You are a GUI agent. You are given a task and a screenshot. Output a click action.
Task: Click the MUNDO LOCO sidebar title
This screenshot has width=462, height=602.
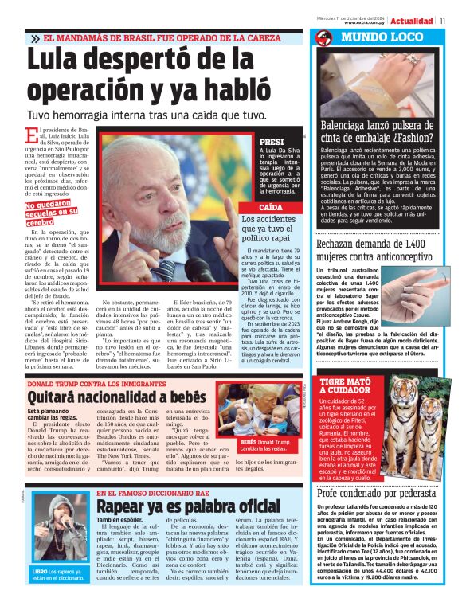click(x=374, y=37)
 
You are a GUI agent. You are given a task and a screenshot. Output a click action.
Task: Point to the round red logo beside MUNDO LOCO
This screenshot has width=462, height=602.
click(x=323, y=37)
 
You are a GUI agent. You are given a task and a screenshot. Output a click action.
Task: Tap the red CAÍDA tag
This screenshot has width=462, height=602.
click(x=271, y=206)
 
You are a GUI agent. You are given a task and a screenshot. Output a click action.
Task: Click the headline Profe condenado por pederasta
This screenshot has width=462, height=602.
click(x=376, y=493)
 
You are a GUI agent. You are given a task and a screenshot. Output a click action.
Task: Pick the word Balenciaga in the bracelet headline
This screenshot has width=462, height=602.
click(x=350, y=124)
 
